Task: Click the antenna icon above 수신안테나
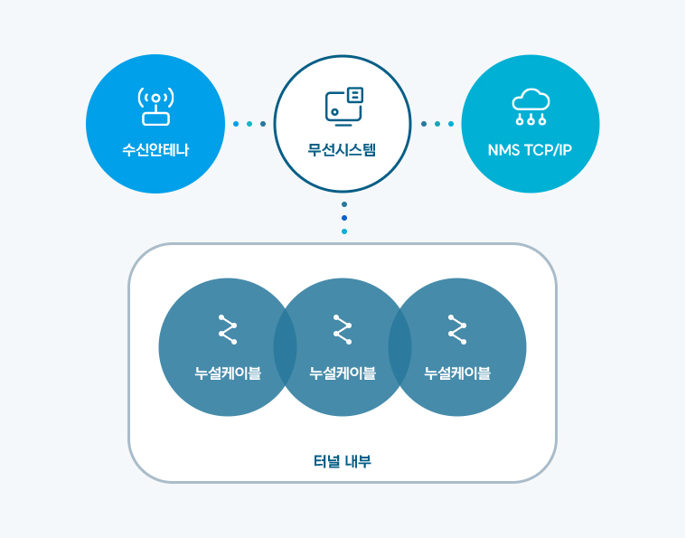point(155,106)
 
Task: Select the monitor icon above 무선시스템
point(343,106)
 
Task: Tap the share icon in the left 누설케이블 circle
point(227,329)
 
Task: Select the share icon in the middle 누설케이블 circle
point(342,329)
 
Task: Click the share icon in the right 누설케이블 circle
point(456,329)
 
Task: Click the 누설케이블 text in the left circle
point(228,373)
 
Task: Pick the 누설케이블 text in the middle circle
point(343,373)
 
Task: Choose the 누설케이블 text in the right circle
point(457,373)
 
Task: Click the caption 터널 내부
point(343,461)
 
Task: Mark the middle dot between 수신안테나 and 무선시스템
point(249,124)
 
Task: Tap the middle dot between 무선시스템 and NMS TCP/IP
point(437,124)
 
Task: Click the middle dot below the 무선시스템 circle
point(343,218)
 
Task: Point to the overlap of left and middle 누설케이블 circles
point(286,347)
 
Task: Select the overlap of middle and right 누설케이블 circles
point(400,347)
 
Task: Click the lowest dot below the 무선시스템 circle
point(343,231)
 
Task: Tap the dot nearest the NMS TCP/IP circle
point(451,124)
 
